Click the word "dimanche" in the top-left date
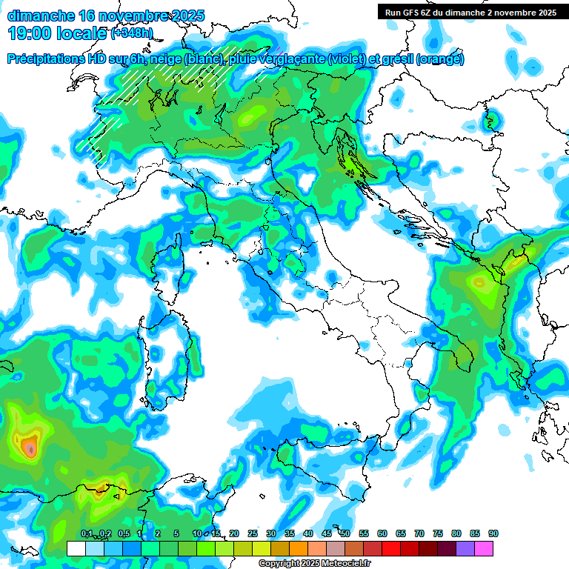point(39,16)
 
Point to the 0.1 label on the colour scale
point(87,533)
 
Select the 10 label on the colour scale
point(196,533)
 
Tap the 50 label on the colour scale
point(345,533)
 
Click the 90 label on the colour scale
point(493,533)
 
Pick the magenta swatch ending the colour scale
point(484,548)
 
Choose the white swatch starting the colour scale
point(76,548)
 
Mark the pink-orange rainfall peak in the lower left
point(30,447)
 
